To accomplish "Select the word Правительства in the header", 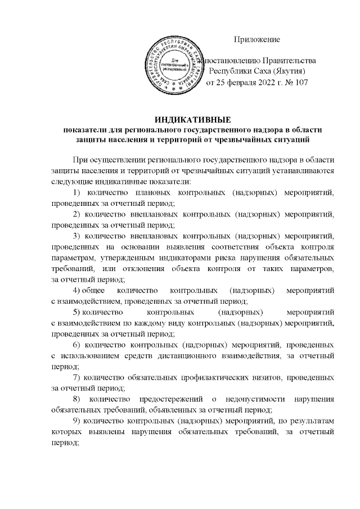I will pyautogui.click(x=289, y=60).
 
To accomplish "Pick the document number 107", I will pyautogui.click(x=301, y=83).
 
